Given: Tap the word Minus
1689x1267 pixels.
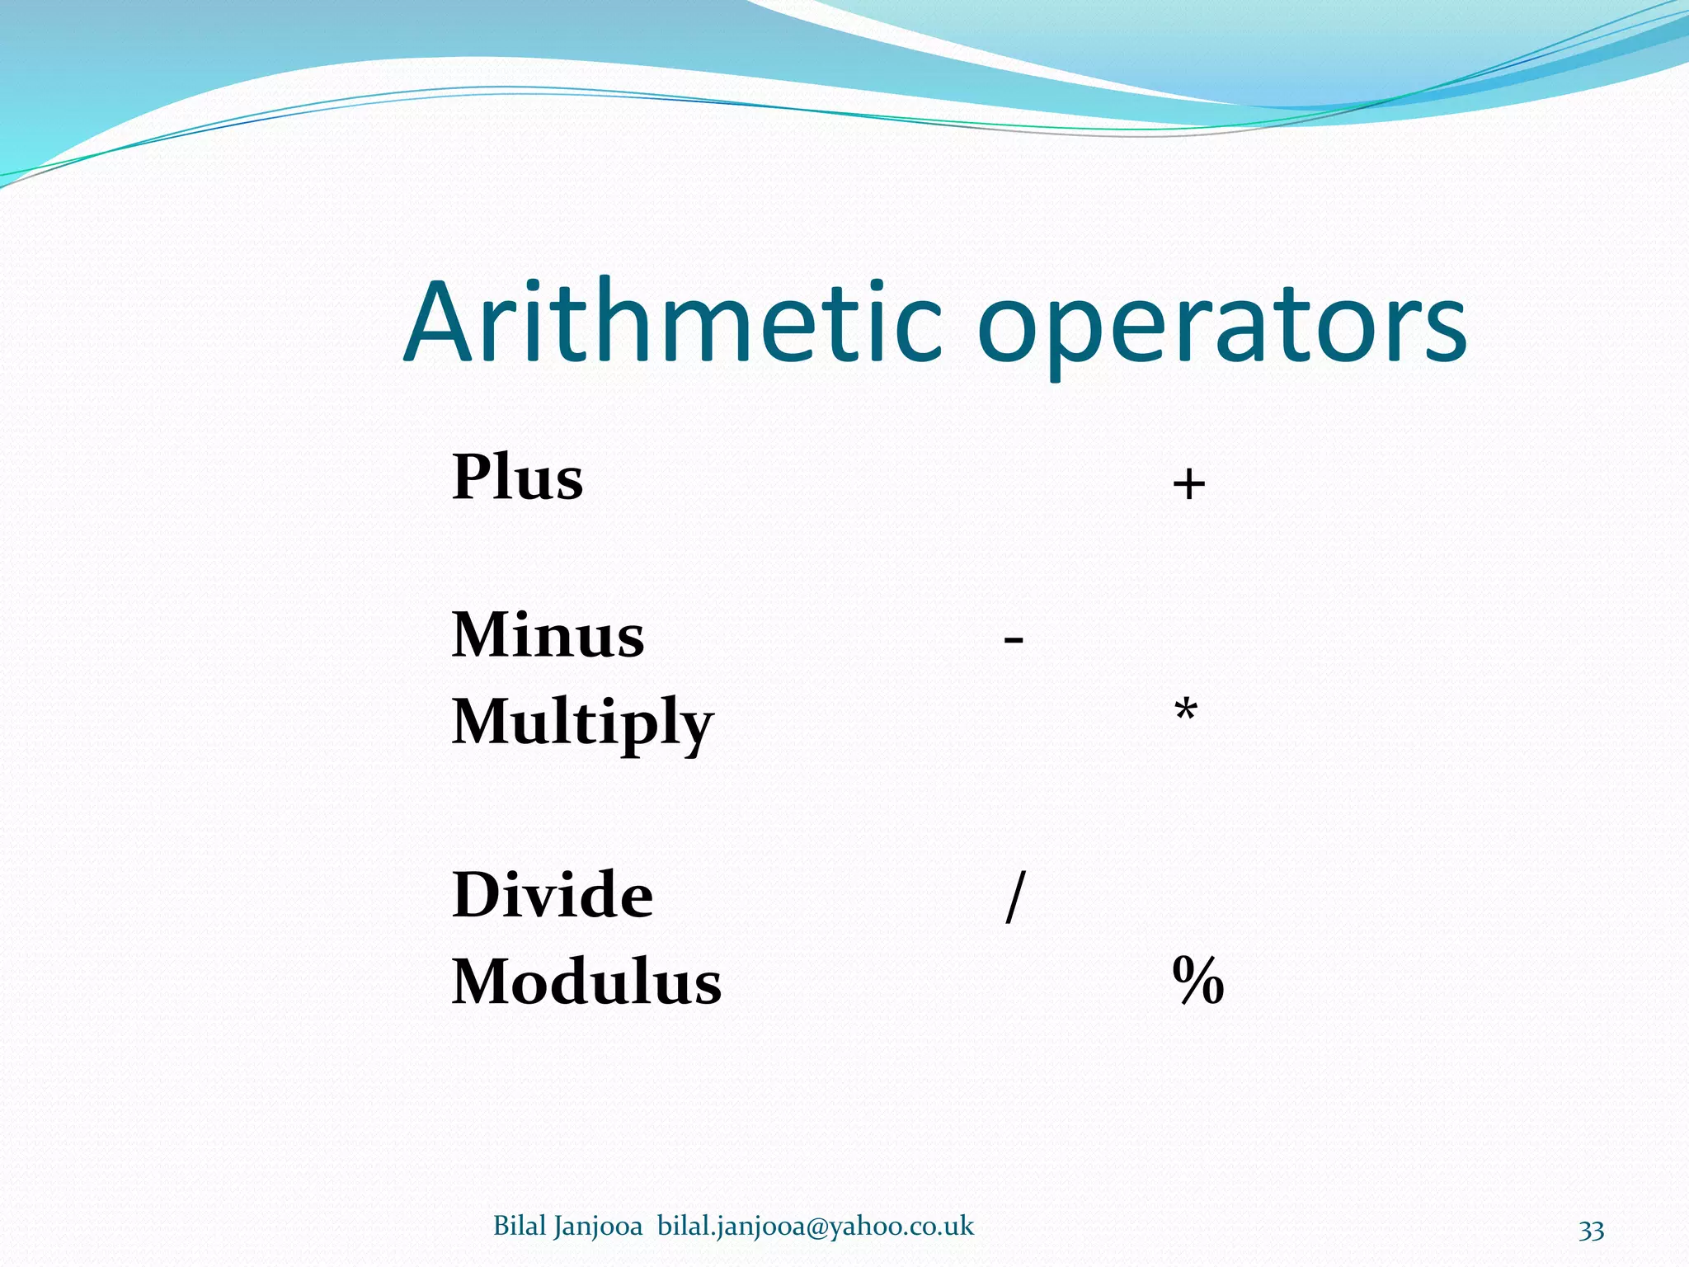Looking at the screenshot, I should (x=548, y=635).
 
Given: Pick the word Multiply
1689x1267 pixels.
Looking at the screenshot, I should (x=582, y=723).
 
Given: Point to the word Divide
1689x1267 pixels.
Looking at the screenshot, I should (x=553, y=895).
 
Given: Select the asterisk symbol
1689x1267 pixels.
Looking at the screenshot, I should (x=1186, y=709).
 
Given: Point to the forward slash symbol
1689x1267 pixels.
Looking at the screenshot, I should (x=1015, y=897).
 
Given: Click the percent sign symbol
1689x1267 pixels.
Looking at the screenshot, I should (x=1197, y=981).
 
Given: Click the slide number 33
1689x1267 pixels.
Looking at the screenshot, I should (x=1591, y=1230).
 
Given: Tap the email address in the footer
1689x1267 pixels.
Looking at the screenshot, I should (x=816, y=1227).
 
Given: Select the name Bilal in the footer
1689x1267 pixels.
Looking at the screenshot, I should (x=520, y=1226).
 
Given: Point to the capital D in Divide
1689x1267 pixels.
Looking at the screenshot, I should (x=476, y=895).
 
